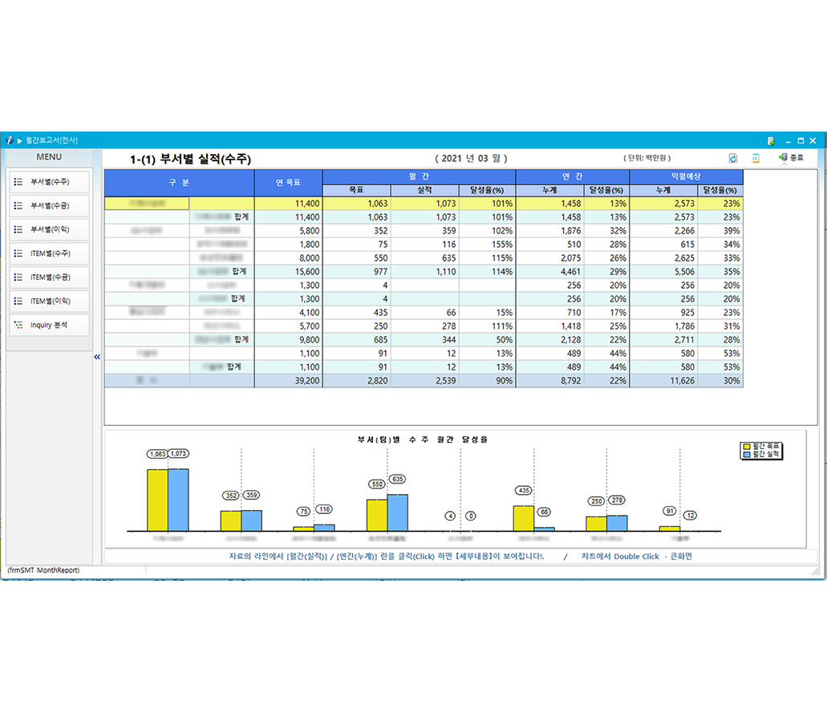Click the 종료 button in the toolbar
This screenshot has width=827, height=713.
tap(791, 158)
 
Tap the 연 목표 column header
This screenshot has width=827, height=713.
tap(288, 182)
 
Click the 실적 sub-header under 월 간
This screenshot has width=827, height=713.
tap(424, 190)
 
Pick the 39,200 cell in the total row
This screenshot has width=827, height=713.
tap(288, 381)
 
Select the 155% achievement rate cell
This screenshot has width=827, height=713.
tap(487, 245)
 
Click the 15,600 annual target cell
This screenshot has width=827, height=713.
tap(288, 272)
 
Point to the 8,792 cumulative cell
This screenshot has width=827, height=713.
tap(549, 381)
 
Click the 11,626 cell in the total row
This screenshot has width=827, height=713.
tap(663, 381)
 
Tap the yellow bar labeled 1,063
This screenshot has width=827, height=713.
tap(157, 500)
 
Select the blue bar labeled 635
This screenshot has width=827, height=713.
tap(397, 512)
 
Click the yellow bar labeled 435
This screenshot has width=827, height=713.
tap(523, 517)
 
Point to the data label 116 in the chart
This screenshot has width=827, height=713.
tap(324, 510)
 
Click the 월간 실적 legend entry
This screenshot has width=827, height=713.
tap(762, 455)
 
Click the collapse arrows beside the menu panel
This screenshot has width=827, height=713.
tap(97, 357)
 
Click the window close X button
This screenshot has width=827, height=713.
tap(813, 140)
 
